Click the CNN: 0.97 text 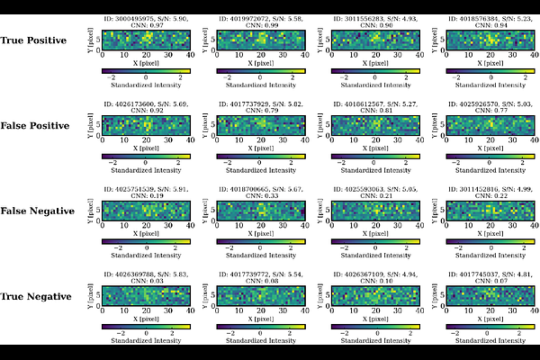[145, 25]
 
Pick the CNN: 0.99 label [260, 25]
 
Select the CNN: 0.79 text [260, 111]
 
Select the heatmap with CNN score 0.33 [260, 211]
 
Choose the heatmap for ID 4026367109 [374, 295]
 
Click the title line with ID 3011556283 [374, 18]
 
